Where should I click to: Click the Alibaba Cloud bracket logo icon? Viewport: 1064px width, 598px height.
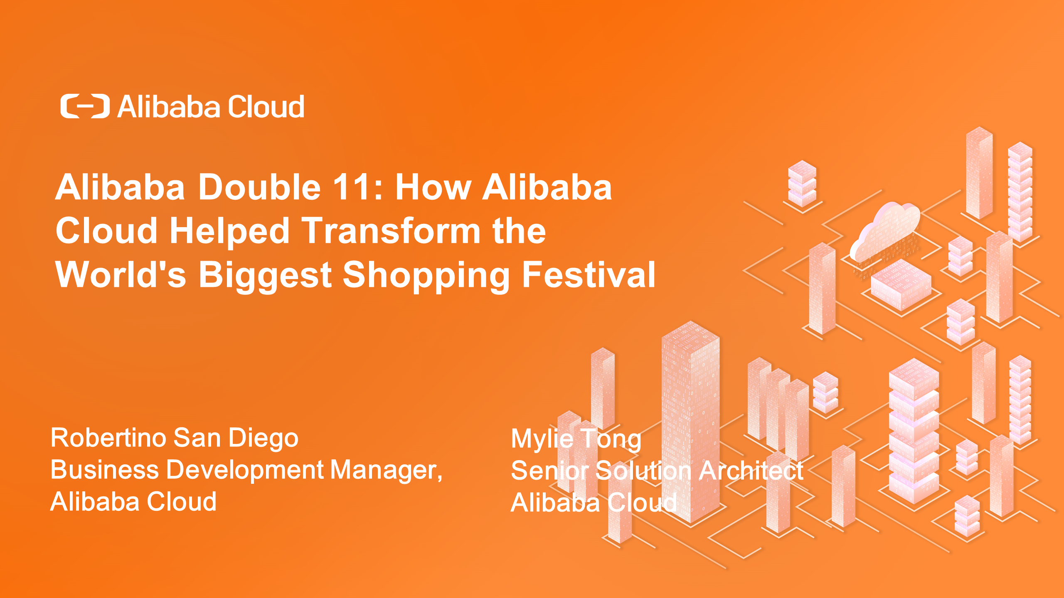[85, 106]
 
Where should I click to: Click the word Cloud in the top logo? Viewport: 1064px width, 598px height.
[266, 106]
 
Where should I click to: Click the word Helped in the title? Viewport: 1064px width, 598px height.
[229, 231]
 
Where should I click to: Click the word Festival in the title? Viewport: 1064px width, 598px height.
[589, 274]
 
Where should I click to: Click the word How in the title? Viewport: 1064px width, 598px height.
[433, 187]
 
